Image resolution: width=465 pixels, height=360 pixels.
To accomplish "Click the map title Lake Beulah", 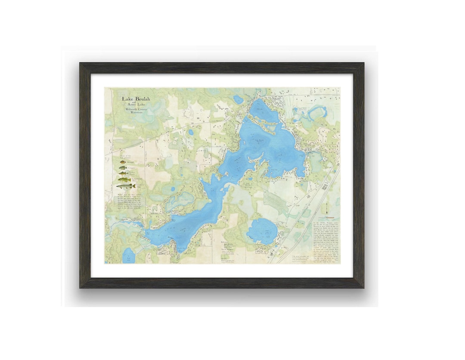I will (x=136, y=99).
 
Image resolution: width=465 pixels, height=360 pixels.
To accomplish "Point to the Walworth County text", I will (x=136, y=110).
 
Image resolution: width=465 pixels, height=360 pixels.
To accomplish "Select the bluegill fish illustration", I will (x=123, y=163).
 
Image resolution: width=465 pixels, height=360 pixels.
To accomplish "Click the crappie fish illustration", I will (x=123, y=168).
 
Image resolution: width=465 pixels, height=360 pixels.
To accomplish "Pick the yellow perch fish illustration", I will (x=124, y=173).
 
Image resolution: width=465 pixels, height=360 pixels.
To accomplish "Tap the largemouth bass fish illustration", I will (x=124, y=179).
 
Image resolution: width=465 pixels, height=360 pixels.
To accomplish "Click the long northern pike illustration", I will (x=126, y=186).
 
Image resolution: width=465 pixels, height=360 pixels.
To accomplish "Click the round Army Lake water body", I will (x=262, y=231).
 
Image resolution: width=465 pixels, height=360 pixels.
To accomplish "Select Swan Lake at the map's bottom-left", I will (x=128, y=256).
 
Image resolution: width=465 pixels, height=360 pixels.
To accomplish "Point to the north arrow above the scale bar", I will (x=328, y=209).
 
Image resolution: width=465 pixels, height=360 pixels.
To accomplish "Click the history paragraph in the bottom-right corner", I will (x=326, y=243).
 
